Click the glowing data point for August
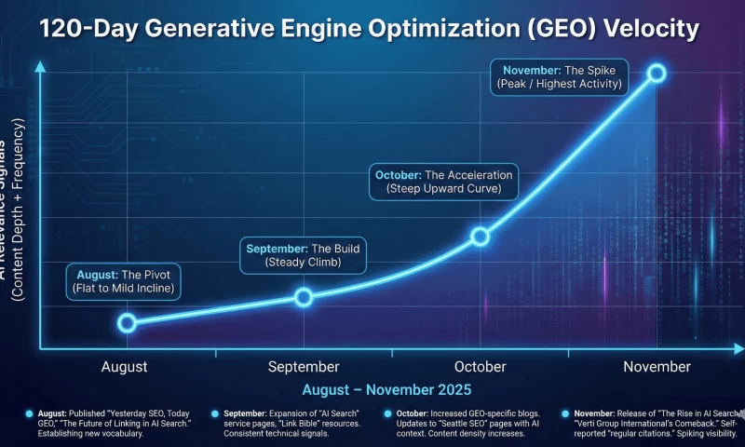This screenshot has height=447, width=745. pos(128,322)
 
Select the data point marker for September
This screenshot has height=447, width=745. pos(304,297)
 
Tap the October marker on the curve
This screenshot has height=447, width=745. pos(480,236)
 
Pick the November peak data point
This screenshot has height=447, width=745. pos(656,73)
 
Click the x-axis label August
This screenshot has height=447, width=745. pos(124,367)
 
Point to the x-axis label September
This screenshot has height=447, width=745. pos(304,367)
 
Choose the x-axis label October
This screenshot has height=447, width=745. pos(481,367)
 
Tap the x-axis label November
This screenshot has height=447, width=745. pos(657,367)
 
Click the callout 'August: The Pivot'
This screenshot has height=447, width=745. pos(123,281)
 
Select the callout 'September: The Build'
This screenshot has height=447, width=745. pos(303,255)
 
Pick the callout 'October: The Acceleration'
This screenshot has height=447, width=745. pos(443,182)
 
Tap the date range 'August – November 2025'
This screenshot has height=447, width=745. pos(386,389)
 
